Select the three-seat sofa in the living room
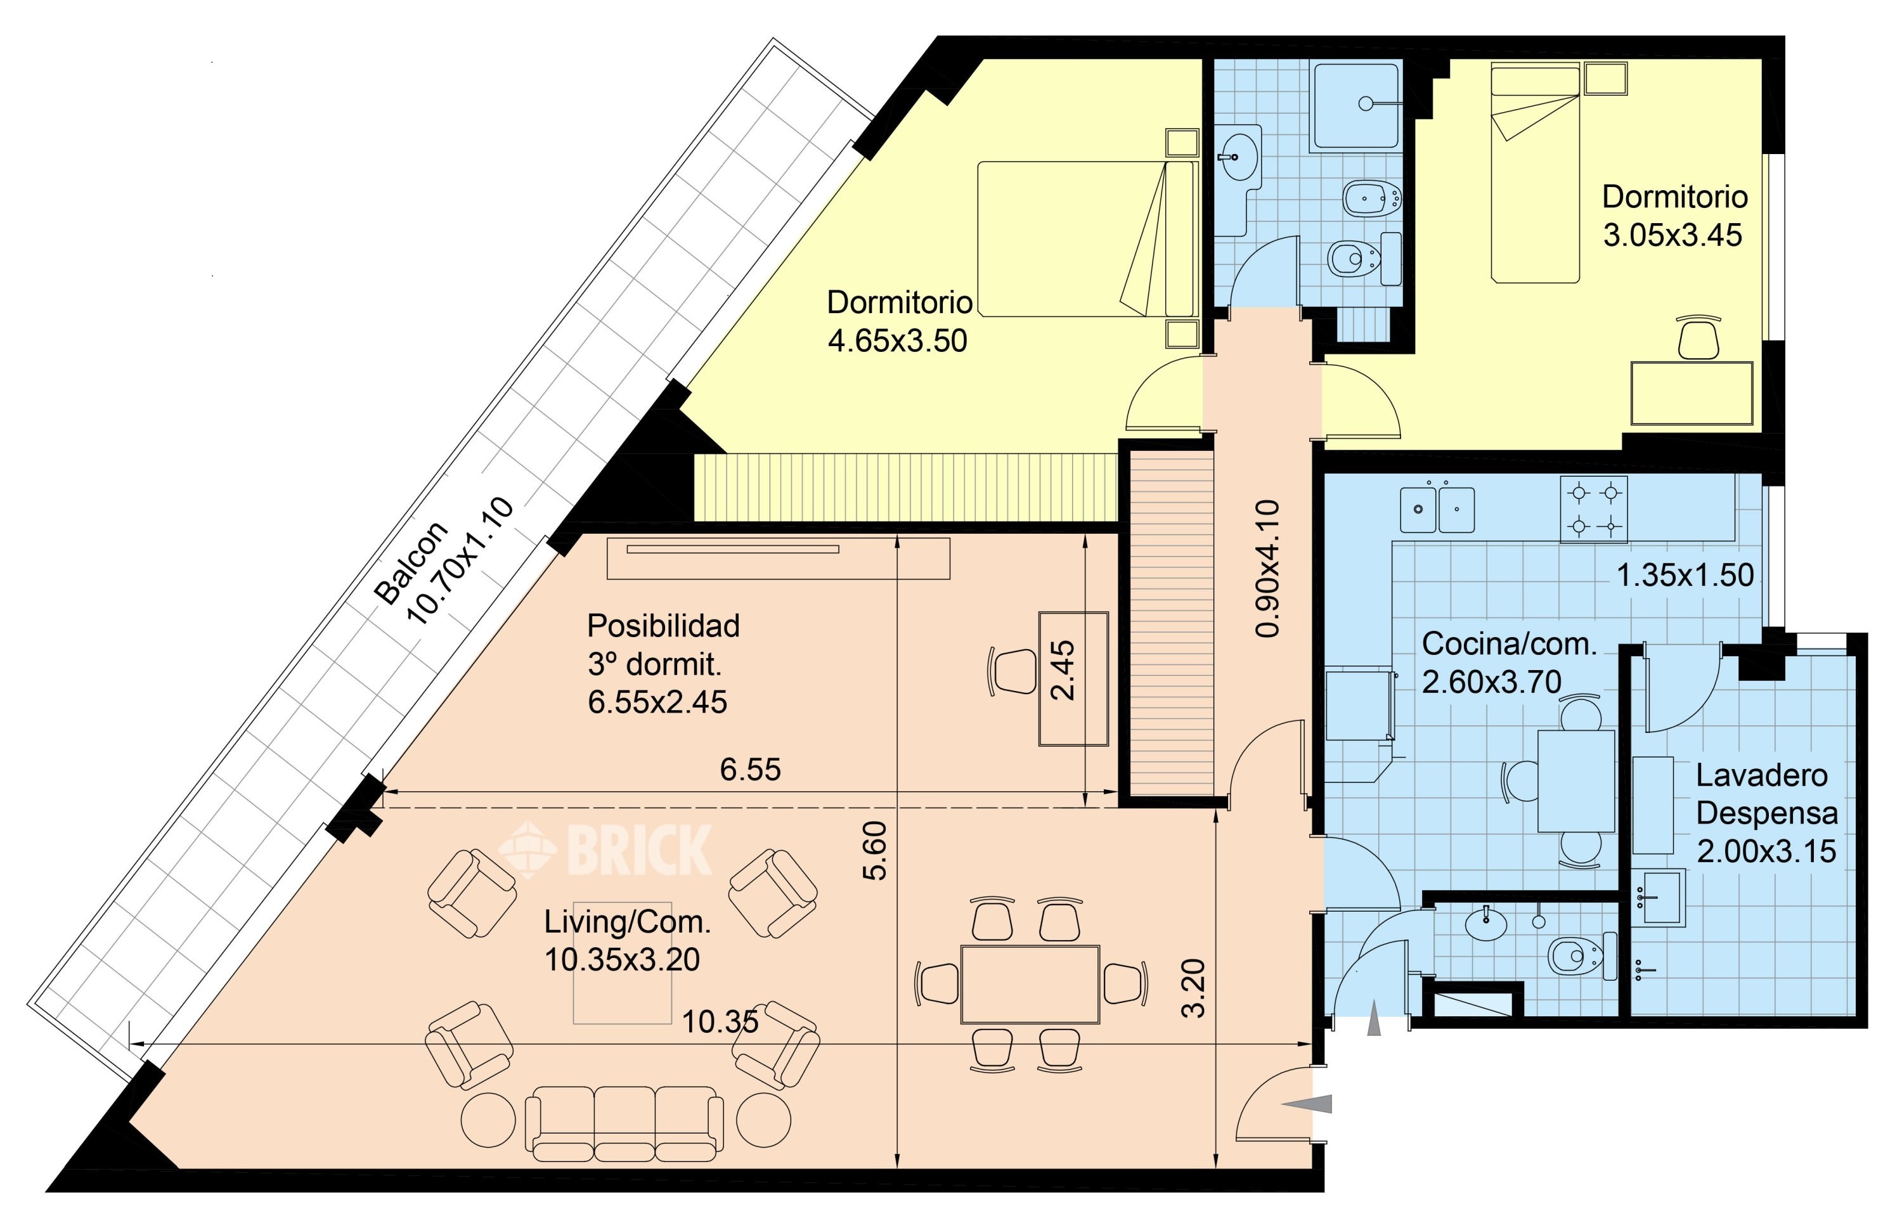624,1123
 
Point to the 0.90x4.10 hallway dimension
1267,569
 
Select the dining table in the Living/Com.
1030,984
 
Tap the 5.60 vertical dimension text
875,851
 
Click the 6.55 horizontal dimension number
751,770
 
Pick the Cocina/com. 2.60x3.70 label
1510,662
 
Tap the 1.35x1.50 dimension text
1685,575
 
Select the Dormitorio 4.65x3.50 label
899,321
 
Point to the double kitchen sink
1437,510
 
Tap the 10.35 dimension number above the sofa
720,1022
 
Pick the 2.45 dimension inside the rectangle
1063,671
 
